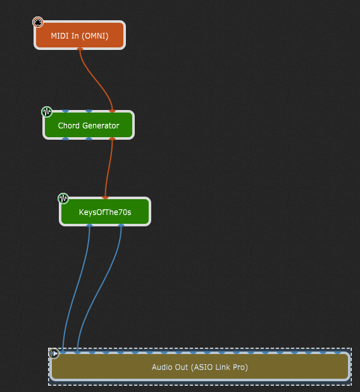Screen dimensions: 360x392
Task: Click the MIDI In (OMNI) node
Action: pyautogui.click(x=80, y=35)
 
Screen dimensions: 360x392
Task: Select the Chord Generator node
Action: pyautogui.click(x=89, y=125)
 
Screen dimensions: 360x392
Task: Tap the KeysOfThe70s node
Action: pyautogui.click(x=105, y=212)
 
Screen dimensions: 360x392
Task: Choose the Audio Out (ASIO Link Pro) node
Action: pyautogui.click(x=200, y=367)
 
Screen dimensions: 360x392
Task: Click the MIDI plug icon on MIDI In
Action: pyautogui.click(x=38, y=22)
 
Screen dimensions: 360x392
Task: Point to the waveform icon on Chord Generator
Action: pyautogui.click(x=47, y=112)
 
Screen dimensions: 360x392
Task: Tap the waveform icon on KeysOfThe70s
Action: pyautogui.click(x=63, y=199)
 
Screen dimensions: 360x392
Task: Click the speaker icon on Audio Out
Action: pyautogui.click(x=54, y=353)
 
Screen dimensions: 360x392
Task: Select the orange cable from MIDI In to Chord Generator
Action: pyautogui.click(x=96, y=80)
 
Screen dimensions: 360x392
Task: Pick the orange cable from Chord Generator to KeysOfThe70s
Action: pyautogui.click(x=108, y=168)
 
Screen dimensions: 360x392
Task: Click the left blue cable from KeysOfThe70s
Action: pyautogui.click(x=77, y=288)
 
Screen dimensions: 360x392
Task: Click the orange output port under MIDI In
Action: pyautogui.click(x=80, y=49)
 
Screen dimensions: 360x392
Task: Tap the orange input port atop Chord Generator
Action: pyautogui.click(x=113, y=111)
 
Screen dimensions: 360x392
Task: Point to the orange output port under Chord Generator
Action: pyautogui.click(x=113, y=138)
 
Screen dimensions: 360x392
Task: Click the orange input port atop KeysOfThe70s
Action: pyautogui.click(x=105, y=197)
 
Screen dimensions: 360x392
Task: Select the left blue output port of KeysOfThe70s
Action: pyautogui.click(x=90, y=226)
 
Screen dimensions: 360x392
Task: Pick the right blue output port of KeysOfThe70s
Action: pyautogui.click(x=121, y=226)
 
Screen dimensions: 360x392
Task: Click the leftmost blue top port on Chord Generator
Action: pyautogui.click(x=66, y=111)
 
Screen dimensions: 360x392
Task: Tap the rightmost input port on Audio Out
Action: pyautogui.click(x=338, y=352)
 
